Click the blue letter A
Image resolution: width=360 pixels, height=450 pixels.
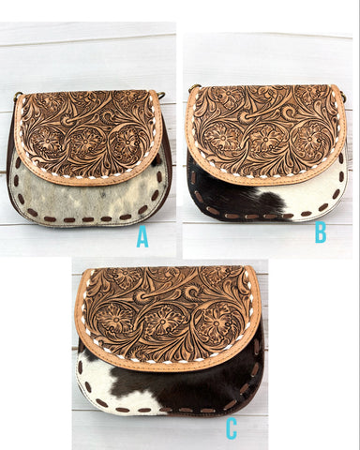pos(142,236)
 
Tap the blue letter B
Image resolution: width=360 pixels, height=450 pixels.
pos(321,232)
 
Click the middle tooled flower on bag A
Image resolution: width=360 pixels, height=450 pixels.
pos(85,142)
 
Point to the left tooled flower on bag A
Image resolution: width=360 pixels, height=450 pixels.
pos(47,142)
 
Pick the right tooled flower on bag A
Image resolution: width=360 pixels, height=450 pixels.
pos(127,142)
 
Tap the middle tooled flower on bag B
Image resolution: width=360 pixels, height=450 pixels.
pos(265,139)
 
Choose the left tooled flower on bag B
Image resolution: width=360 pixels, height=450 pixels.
pos(222,137)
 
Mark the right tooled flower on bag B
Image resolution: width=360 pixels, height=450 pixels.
pos(309,138)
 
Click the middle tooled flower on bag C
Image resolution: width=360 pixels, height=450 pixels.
pos(162,322)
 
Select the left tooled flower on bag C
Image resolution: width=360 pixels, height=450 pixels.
pos(115,319)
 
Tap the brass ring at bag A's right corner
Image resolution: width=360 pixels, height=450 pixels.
pos(161,95)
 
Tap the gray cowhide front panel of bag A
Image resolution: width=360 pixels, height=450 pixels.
pos(87,200)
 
